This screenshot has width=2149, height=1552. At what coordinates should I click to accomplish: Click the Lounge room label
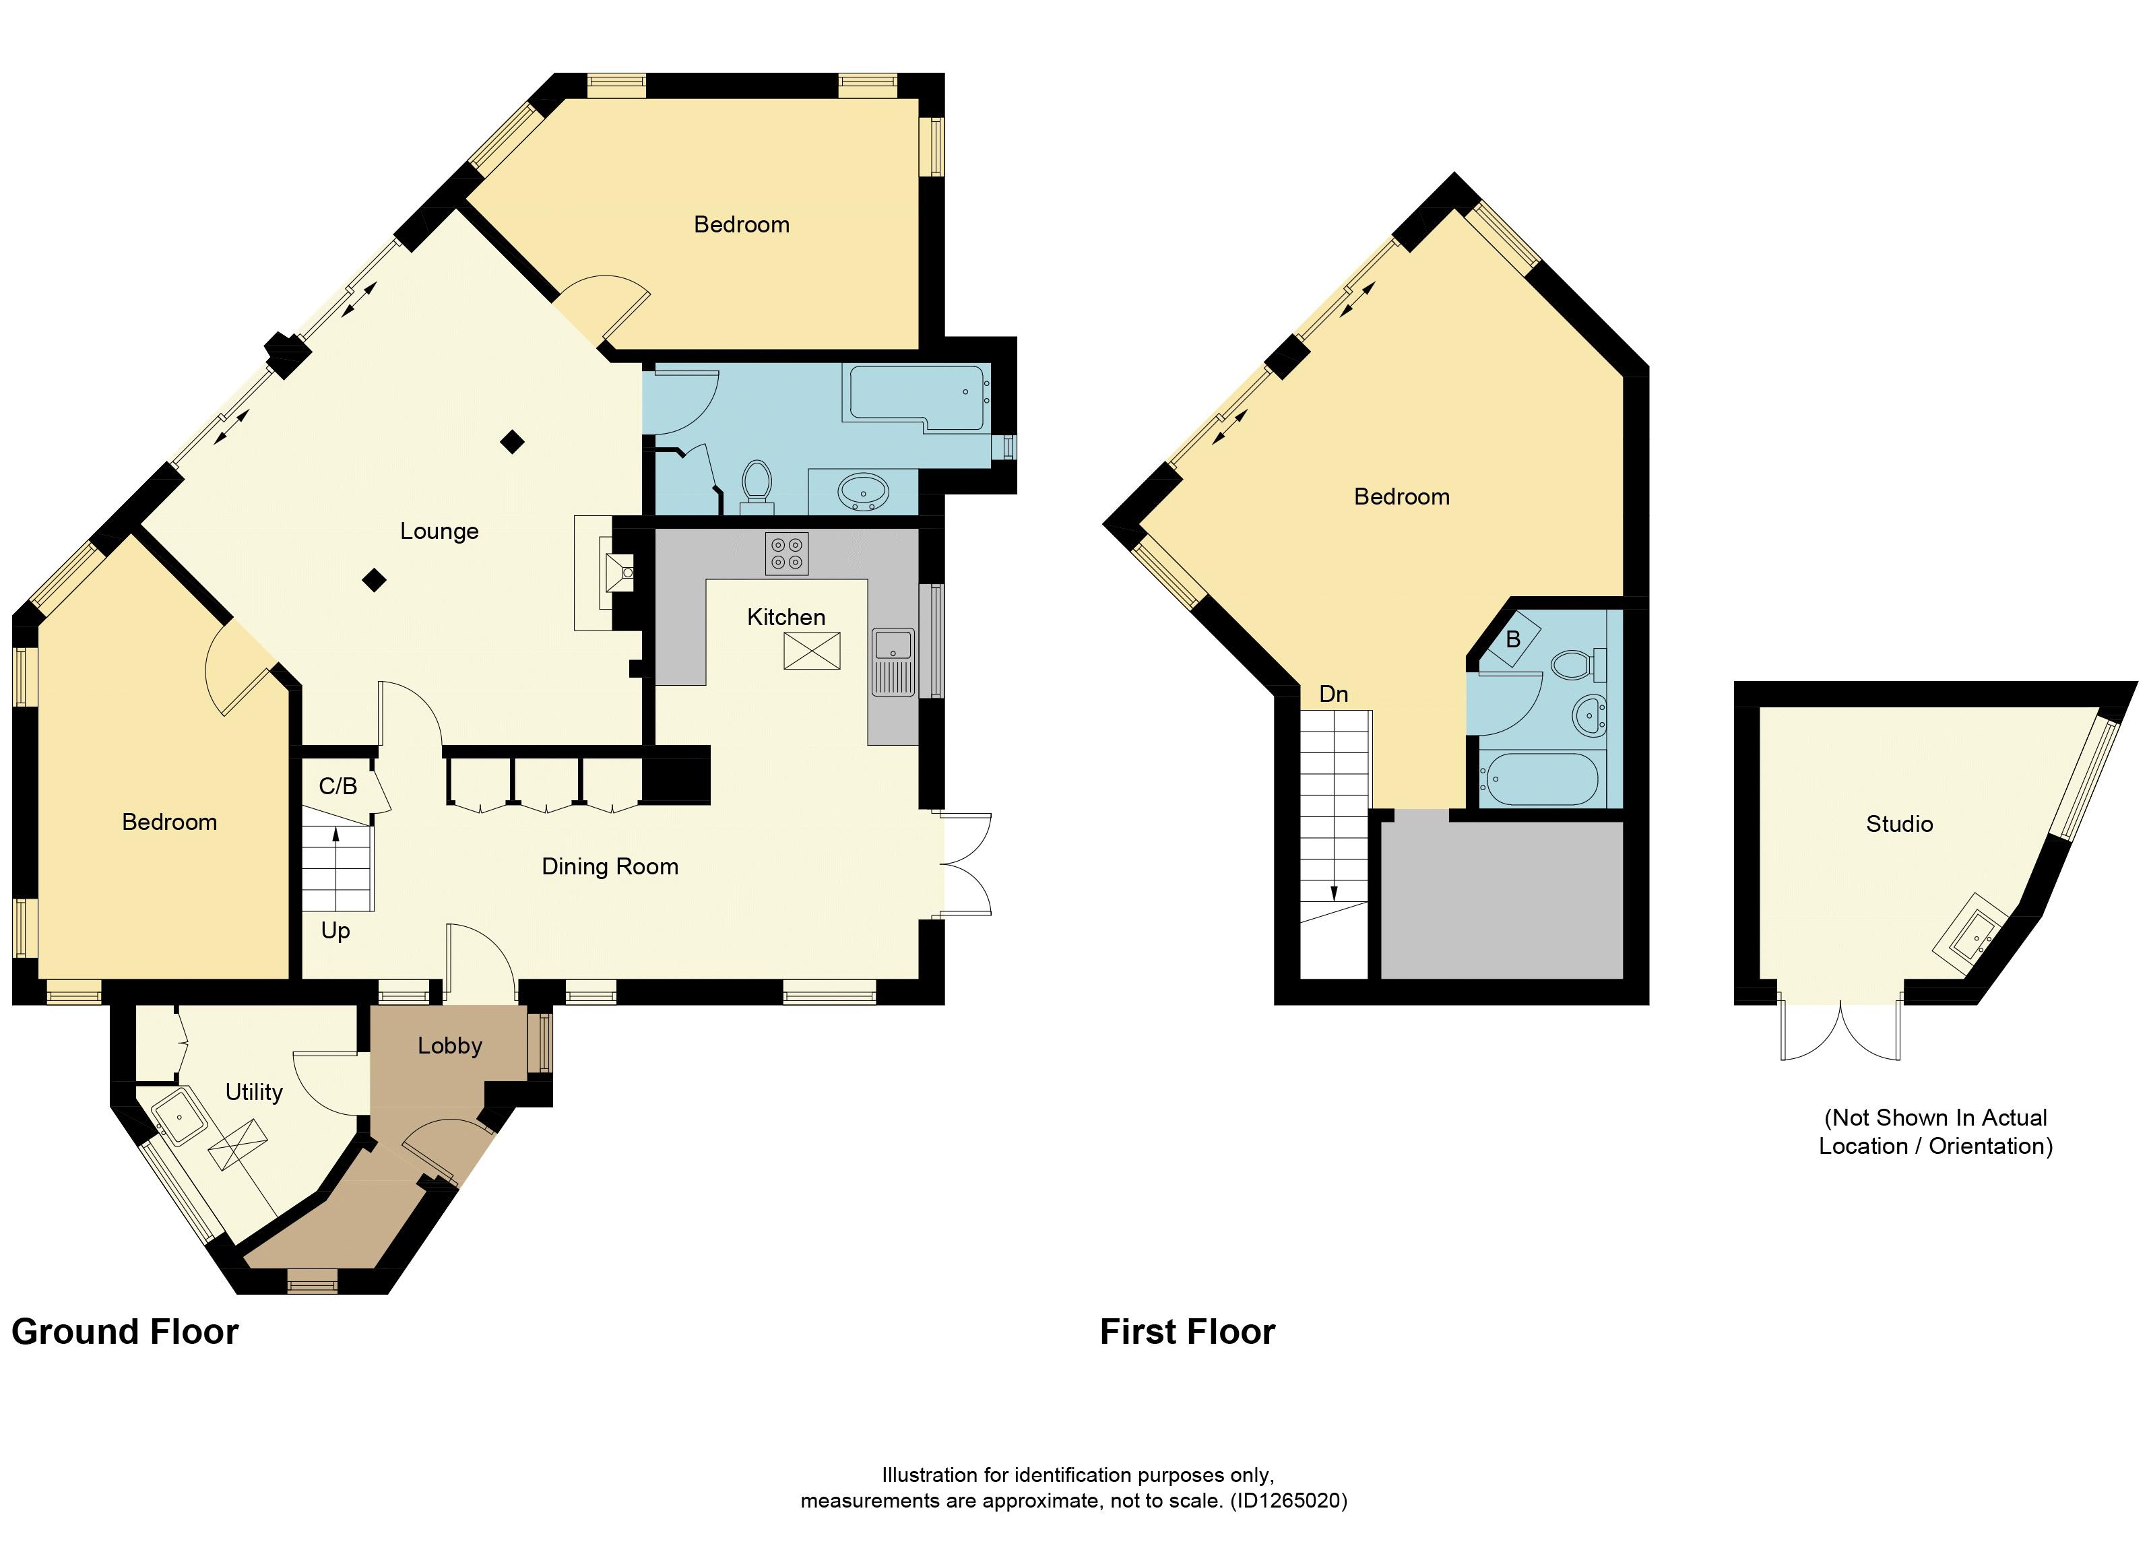coord(439,531)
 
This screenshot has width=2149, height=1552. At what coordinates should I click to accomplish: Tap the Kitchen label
coord(785,618)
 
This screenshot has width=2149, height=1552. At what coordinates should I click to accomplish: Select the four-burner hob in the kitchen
coord(786,553)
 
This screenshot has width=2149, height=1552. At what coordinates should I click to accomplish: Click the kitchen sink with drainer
coord(893,661)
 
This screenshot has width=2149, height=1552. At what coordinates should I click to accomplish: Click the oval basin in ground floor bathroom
coord(862,492)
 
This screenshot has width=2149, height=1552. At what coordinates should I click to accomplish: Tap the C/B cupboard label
coord(338,786)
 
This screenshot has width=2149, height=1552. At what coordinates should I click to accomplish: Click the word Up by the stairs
coord(335,932)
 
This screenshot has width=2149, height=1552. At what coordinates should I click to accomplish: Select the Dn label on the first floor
coord(1333,694)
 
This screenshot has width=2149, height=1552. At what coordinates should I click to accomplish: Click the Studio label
coord(1899,825)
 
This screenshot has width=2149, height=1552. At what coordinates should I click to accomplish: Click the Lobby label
coord(450,1046)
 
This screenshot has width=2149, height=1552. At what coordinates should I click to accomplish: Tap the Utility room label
coord(254,1093)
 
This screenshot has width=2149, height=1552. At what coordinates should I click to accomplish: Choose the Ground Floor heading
coord(125,1332)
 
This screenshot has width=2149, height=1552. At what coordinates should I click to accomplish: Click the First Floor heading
coord(1187,1332)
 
